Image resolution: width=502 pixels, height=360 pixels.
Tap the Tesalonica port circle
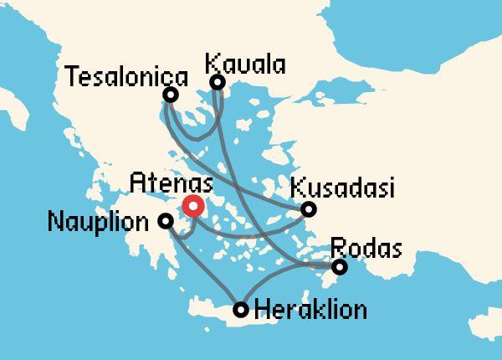(x=171, y=95)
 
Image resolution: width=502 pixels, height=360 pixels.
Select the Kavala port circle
(x=217, y=82)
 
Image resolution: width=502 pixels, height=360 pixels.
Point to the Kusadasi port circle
(x=309, y=208)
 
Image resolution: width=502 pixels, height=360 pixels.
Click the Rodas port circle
(x=339, y=267)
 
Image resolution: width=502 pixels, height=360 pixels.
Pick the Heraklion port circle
(x=241, y=310)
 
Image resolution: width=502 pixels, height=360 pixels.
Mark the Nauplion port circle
(x=166, y=221)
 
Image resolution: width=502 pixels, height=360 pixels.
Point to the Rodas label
(x=366, y=248)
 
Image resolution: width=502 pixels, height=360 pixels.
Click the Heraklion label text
(x=310, y=311)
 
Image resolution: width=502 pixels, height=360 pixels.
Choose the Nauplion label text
(x=102, y=223)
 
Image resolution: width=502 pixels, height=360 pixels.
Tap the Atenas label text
(x=172, y=182)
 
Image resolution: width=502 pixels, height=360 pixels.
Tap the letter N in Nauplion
(x=55, y=223)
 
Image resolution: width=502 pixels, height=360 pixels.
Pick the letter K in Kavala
(x=212, y=64)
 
